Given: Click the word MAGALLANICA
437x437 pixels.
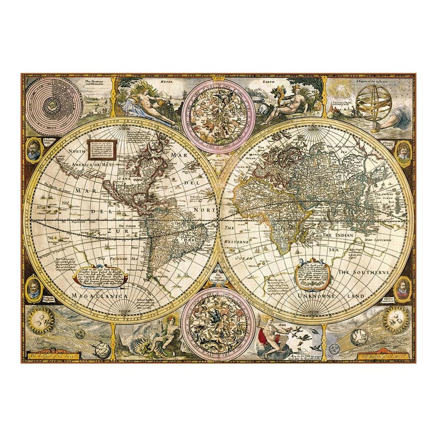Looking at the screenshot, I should tap(99, 296).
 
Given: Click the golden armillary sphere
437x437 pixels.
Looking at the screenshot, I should tap(372, 104).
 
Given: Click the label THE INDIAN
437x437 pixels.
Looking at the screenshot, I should tap(338, 236).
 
